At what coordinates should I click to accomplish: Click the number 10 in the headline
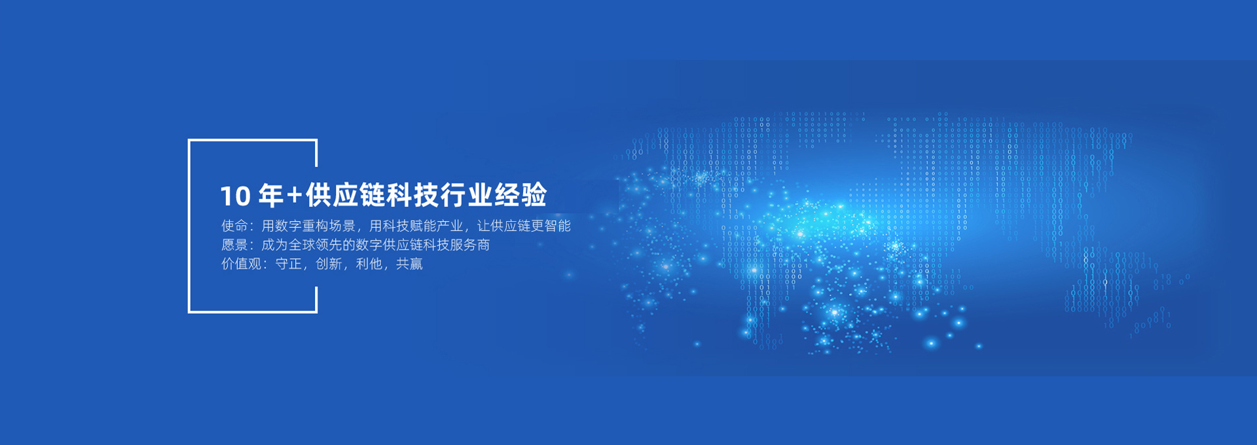[235, 196]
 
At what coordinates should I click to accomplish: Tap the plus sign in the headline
[295, 195]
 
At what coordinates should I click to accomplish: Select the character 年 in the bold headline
[270, 195]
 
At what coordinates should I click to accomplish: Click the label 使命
[234, 226]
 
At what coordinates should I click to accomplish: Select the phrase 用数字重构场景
[308, 226]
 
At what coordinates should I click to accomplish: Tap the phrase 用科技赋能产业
[416, 226]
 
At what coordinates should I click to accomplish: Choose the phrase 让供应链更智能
[524, 226]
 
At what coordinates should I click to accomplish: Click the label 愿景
[234, 245]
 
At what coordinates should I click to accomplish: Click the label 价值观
[241, 264]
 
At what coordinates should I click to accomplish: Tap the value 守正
[288, 264]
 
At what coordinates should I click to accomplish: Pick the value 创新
[329, 264]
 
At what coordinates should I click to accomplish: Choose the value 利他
[369, 264]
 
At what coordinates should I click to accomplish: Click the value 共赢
[409, 264]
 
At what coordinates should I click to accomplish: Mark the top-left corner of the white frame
[189, 140]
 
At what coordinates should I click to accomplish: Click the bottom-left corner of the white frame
[189, 311]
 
